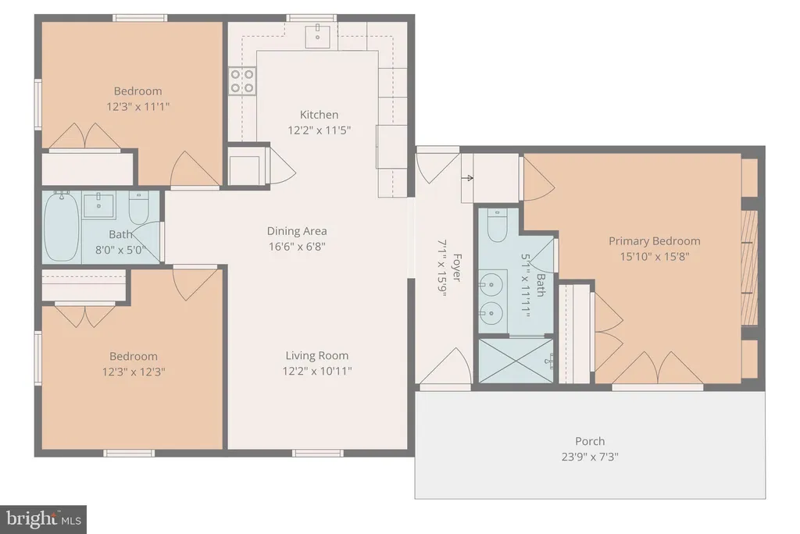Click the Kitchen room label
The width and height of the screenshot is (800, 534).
(x=319, y=115)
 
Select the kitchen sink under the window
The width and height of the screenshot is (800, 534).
(x=317, y=35)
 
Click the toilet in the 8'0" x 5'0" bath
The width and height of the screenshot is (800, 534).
(x=138, y=208)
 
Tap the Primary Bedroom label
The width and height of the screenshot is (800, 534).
(x=655, y=240)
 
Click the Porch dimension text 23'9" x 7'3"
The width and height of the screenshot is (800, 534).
(x=590, y=457)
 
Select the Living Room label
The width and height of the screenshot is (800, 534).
(x=317, y=355)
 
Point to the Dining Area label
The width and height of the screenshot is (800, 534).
(x=297, y=231)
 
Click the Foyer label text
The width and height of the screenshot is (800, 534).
(x=456, y=268)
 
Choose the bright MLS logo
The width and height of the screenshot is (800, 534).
(x=44, y=520)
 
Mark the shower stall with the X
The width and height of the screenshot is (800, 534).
(x=516, y=361)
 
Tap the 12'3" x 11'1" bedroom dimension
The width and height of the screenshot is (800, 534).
(x=137, y=107)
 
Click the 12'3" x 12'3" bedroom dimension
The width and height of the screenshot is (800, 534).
(x=134, y=372)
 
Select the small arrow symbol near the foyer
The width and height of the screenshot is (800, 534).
(x=469, y=178)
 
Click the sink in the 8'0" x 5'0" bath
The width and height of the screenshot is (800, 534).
(x=98, y=205)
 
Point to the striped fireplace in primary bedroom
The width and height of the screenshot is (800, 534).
(x=749, y=267)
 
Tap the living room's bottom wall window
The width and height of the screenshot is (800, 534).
(x=317, y=453)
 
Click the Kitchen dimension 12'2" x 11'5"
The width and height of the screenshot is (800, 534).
(x=319, y=130)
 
